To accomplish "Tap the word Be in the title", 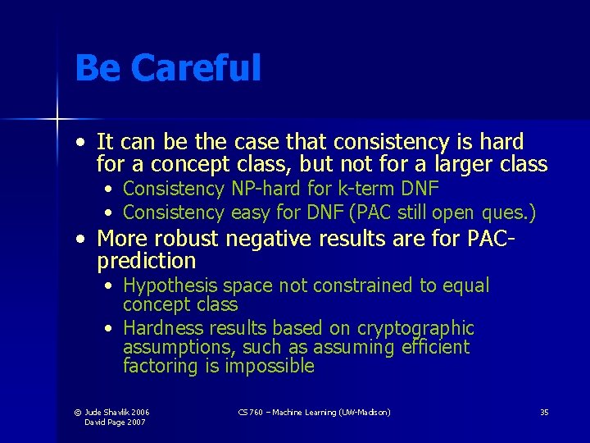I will pyautogui.click(x=96, y=67).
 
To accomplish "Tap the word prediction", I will pyautogui.click(x=147, y=262).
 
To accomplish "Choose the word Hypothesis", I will pyautogui.click(x=170, y=286).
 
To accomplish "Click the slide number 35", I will pyautogui.click(x=544, y=412).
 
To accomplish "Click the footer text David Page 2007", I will pyautogui.click(x=116, y=422).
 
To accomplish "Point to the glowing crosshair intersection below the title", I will pyautogui.click(x=57, y=120).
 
